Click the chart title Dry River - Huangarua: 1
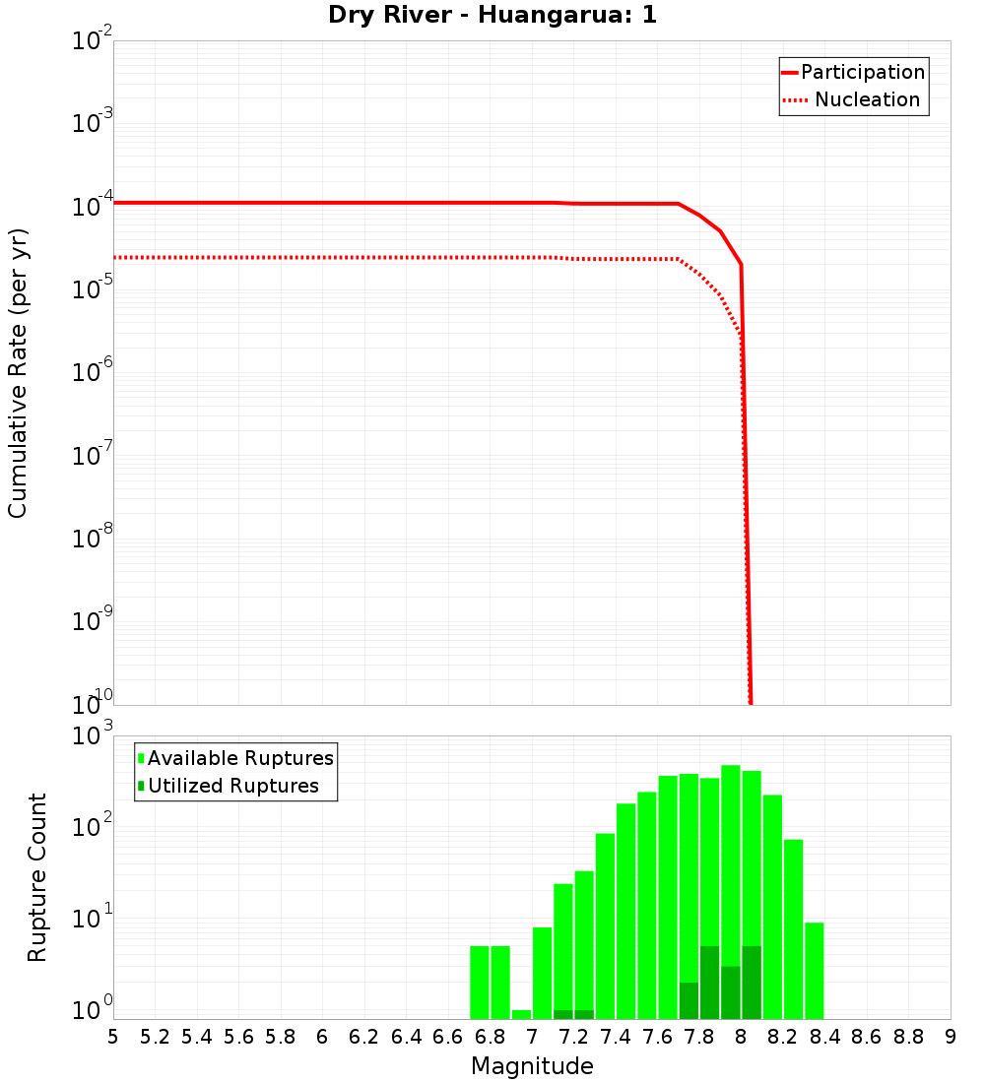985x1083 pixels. click(x=492, y=15)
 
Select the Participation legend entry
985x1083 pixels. click(x=862, y=72)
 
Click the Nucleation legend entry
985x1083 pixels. click(x=867, y=99)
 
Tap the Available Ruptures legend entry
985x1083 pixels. click(x=240, y=758)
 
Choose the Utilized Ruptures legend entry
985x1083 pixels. click(x=232, y=786)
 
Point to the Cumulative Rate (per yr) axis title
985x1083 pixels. click(x=18, y=373)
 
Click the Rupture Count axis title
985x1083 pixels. click(x=36, y=877)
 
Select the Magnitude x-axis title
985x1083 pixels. click(x=532, y=1066)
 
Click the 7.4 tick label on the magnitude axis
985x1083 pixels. click(x=616, y=1037)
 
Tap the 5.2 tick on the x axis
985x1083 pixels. click(x=156, y=1037)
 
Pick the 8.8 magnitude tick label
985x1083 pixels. click(x=908, y=1037)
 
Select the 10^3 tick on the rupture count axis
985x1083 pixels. click(x=94, y=735)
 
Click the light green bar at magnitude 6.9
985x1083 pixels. click(x=521, y=1014)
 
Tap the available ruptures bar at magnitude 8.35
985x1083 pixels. click(x=814, y=970)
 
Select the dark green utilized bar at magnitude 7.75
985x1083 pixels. click(x=689, y=1000)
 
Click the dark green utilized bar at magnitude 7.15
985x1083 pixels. click(x=563, y=1014)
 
